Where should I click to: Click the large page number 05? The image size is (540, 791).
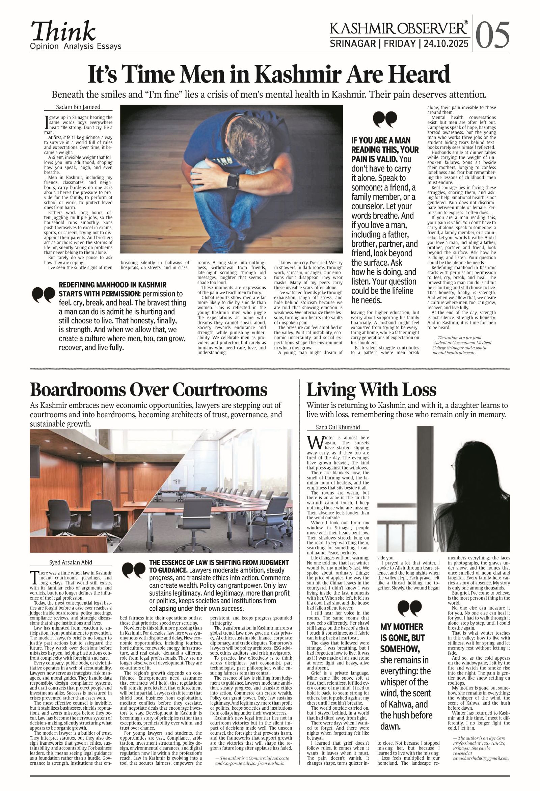493,35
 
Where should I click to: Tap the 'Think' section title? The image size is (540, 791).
64,31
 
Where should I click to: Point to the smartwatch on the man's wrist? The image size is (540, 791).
233,180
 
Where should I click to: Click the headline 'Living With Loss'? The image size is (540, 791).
371,390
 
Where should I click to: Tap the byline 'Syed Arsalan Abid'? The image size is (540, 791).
71,562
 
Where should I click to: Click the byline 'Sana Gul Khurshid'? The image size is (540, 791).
338,427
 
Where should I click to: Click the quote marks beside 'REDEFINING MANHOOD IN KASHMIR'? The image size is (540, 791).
44,294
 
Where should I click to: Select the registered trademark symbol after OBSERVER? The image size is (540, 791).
465,23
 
